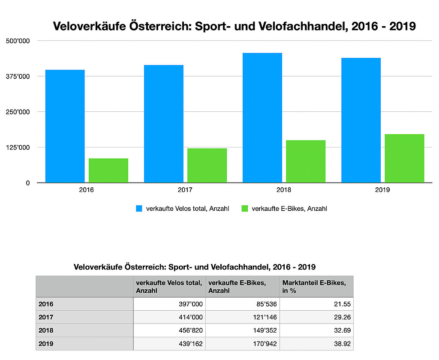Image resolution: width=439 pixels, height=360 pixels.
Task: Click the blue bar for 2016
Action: (x=65, y=126)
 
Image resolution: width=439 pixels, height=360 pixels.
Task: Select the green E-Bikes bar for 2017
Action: (x=207, y=165)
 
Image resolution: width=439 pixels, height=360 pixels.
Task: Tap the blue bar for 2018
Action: (x=262, y=118)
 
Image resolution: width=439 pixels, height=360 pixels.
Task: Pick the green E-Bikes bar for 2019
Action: (x=404, y=159)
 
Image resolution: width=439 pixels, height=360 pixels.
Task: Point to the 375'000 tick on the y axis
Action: (x=18, y=76)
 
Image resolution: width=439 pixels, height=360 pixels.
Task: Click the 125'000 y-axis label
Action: (x=18, y=147)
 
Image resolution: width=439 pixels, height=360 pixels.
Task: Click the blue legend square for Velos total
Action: (x=139, y=209)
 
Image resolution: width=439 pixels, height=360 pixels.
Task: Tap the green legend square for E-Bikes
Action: (x=245, y=209)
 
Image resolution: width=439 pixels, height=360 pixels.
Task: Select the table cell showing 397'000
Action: (x=170, y=304)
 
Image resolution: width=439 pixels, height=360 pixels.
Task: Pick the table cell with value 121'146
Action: (x=243, y=318)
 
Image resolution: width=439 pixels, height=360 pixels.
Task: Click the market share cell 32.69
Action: (x=316, y=331)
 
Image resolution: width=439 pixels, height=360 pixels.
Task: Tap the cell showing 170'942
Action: (x=243, y=344)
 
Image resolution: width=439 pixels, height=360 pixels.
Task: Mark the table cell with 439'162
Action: (x=170, y=344)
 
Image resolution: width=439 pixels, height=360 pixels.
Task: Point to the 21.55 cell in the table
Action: (x=316, y=304)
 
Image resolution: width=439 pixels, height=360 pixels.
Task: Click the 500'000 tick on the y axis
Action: (x=18, y=41)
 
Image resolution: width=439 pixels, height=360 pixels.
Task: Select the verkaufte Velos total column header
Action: (x=170, y=286)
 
